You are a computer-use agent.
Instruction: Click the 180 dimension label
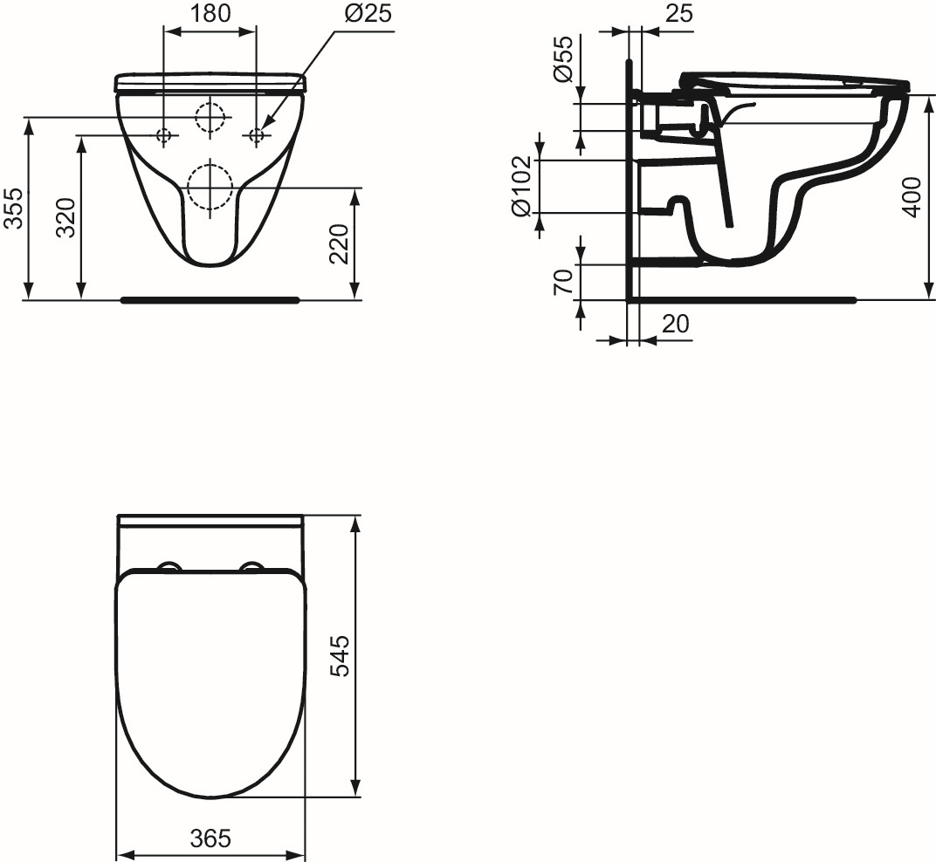[210, 13]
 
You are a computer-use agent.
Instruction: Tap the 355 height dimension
[13, 209]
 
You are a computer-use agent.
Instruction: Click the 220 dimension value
[340, 243]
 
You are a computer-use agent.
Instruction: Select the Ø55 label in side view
[564, 60]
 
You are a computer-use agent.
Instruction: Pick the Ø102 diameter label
[521, 187]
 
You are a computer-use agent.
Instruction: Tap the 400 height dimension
[912, 197]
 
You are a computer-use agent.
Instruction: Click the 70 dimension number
[564, 281]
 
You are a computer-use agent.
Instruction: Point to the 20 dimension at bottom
[675, 325]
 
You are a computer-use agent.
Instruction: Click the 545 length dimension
[340, 656]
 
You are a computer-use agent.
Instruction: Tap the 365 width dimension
[210, 839]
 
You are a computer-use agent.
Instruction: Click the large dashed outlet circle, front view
[210, 186]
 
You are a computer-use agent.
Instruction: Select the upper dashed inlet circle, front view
[210, 117]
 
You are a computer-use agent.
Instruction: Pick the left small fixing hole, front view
[163, 135]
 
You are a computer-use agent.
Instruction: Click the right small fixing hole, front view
[257, 135]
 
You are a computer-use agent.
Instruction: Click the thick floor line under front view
[210, 300]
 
